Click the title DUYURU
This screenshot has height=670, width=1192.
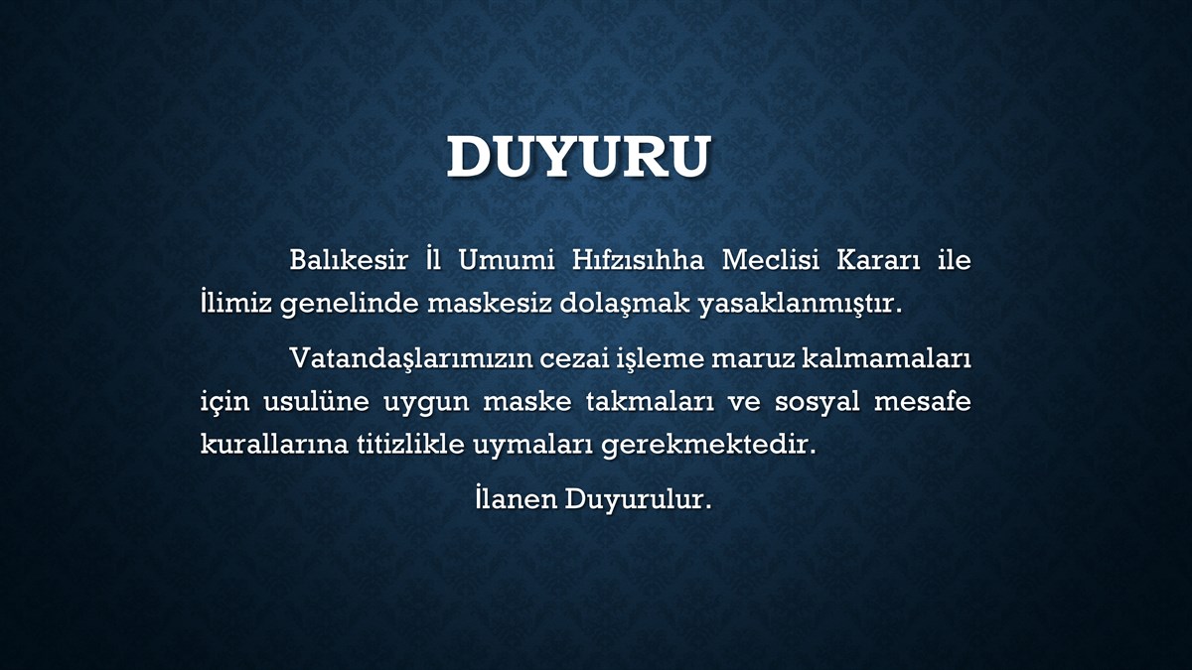coord(579,157)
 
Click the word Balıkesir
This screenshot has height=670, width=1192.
coord(349,260)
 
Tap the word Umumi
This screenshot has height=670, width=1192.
coord(506,260)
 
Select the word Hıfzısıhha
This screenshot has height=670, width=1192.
coord(638,260)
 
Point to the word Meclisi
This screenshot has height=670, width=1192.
coord(771,260)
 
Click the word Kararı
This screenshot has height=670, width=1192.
coord(878,260)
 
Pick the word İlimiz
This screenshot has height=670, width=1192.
coord(236,303)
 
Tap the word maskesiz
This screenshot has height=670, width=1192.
coord(490,303)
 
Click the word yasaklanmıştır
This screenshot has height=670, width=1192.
coord(801,304)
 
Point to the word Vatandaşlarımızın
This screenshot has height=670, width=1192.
coord(411,358)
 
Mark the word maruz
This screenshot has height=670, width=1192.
coord(752,359)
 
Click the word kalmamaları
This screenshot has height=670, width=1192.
coord(886,358)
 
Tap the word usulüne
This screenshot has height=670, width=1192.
coord(316,401)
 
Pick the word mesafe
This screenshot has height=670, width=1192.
coord(923,401)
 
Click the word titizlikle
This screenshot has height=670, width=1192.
coord(410,444)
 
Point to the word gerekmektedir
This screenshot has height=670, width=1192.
coord(708,445)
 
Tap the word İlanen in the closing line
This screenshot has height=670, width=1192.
coord(517,497)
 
